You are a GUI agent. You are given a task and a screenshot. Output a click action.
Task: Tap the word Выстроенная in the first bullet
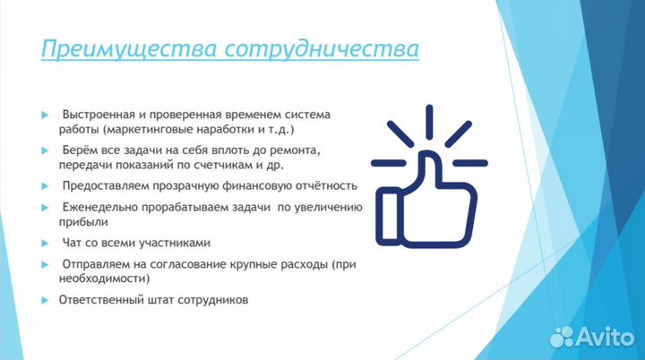point(97,116)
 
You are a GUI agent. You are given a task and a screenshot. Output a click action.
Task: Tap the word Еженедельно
point(100,208)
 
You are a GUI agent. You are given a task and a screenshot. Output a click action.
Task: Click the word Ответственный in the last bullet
point(100,301)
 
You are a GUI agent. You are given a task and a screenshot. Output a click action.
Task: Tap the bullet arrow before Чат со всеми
point(44,244)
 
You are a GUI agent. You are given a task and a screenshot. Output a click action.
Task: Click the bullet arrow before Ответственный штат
point(44,301)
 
